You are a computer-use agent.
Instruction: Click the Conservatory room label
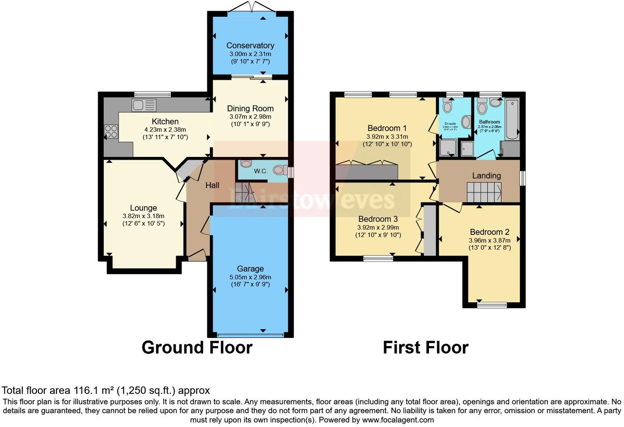(250, 46)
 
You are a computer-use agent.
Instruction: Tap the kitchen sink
(144, 106)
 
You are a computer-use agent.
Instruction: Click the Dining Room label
(250, 109)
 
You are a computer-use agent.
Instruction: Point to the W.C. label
(261, 171)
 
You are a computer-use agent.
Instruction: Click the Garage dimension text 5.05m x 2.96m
(250, 277)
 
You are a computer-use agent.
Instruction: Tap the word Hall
(212, 185)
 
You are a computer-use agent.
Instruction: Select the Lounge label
(143, 208)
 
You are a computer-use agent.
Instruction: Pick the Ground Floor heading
(197, 347)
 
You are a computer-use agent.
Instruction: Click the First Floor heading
(425, 347)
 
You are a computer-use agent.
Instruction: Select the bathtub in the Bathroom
(512, 119)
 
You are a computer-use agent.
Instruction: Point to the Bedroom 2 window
(492, 305)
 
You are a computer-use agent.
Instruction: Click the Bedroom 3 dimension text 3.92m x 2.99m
(378, 227)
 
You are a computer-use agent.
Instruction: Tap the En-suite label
(450, 123)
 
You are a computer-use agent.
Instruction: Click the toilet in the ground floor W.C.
(281, 170)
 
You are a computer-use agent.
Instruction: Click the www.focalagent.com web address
(398, 420)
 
